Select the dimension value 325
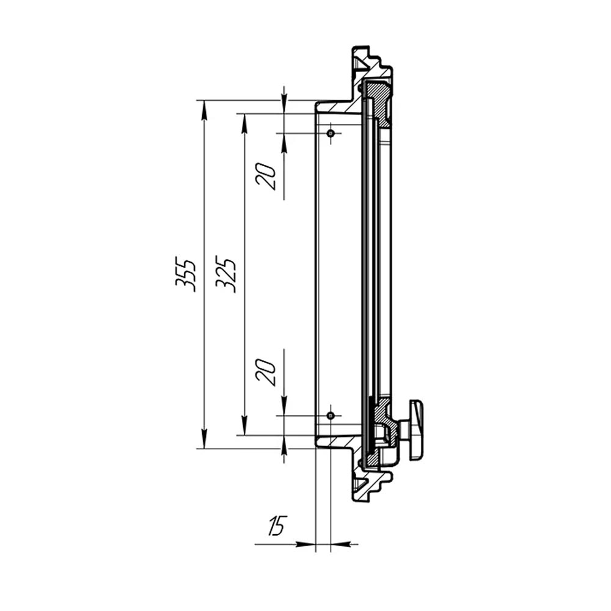(225, 274)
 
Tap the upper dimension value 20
(266, 176)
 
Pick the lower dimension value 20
(266, 372)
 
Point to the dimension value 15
(277, 525)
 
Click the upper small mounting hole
(331, 133)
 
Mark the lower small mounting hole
(331, 415)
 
